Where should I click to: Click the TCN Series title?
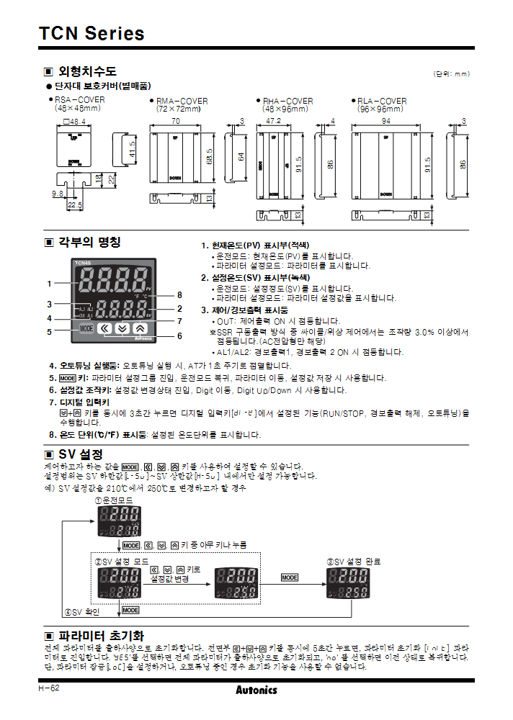(x=92, y=33)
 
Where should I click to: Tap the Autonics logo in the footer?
(x=256, y=690)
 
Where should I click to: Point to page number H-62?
(x=49, y=689)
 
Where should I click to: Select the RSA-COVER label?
(x=79, y=101)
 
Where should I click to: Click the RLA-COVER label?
(x=382, y=101)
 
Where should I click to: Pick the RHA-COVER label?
(x=287, y=101)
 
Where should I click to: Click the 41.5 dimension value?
(x=133, y=149)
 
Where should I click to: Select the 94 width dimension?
(x=386, y=121)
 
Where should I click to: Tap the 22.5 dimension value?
(x=74, y=205)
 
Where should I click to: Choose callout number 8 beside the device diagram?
(x=179, y=295)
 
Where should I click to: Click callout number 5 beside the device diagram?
(x=50, y=332)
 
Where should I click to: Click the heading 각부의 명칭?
(x=89, y=242)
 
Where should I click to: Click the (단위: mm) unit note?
(x=451, y=73)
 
